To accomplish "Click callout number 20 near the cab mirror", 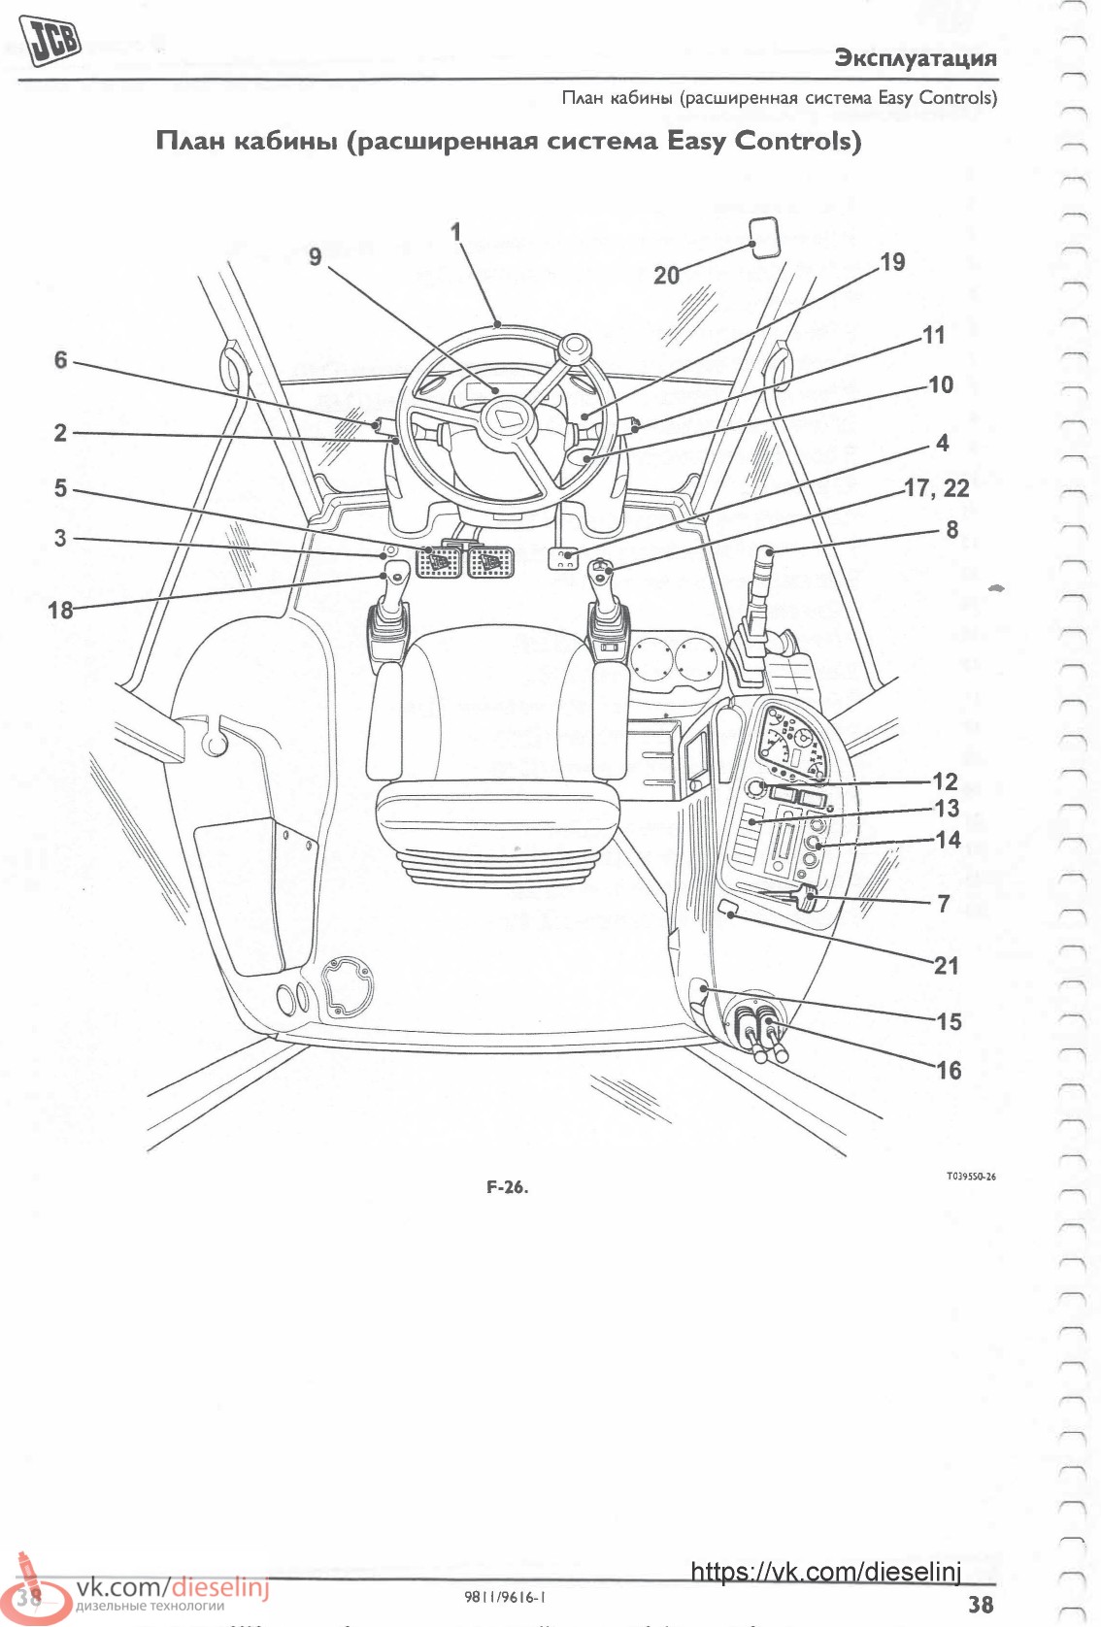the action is pyautogui.click(x=666, y=276).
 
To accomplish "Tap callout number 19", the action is pyautogui.click(x=892, y=261).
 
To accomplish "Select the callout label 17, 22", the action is pyautogui.click(x=936, y=488).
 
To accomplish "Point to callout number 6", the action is pyautogui.click(x=61, y=359).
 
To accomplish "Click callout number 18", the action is pyautogui.click(x=60, y=610).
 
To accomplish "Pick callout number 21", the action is pyautogui.click(x=946, y=965).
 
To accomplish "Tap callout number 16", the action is pyautogui.click(x=949, y=1070).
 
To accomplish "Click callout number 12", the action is pyautogui.click(x=945, y=781).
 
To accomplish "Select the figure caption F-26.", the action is pyautogui.click(x=507, y=1187).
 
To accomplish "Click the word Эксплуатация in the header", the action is pyautogui.click(x=916, y=58).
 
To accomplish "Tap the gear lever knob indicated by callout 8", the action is pyautogui.click(x=764, y=560).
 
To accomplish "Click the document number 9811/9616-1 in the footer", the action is pyautogui.click(x=505, y=1597).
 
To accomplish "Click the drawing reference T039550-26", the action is pyautogui.click(x=971, y=1176).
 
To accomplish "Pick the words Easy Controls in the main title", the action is pyautogui.click(x=764, y=141).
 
